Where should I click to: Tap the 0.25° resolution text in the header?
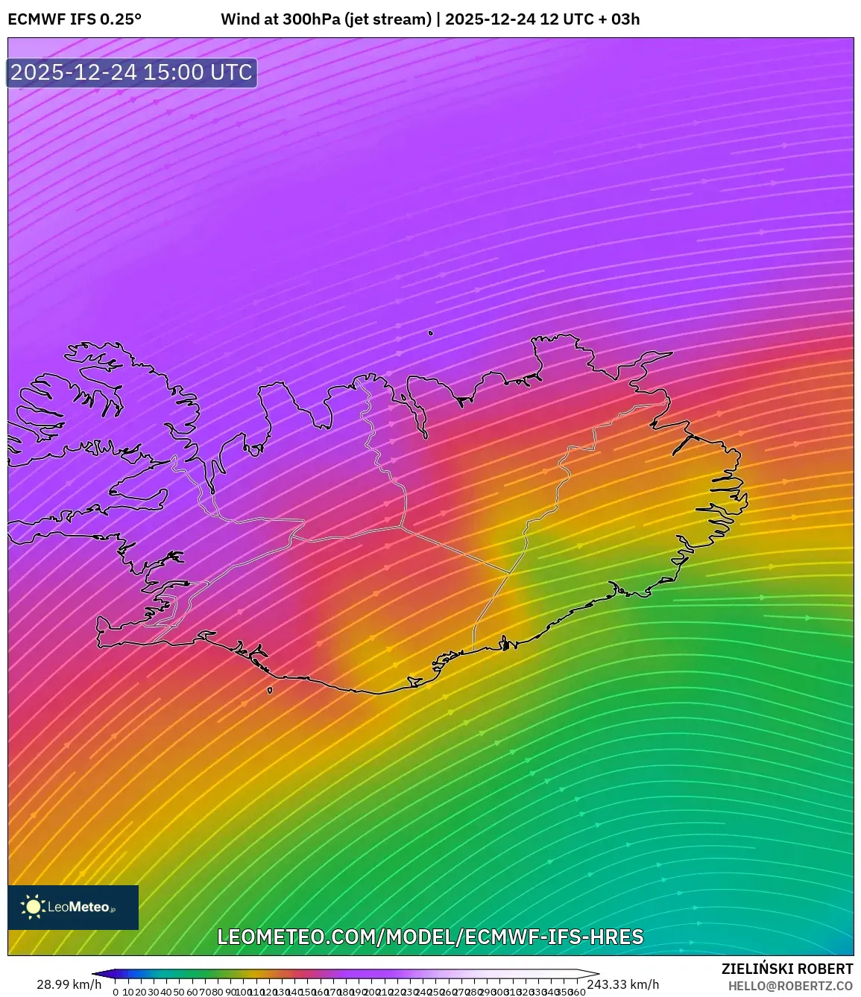point(121,19)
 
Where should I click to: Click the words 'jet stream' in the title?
point(388,19)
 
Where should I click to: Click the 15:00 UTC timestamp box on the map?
point(132,72)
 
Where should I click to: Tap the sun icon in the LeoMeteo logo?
point(33,907)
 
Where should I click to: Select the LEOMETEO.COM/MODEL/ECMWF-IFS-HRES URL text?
point(430,937)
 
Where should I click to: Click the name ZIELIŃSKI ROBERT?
point(786,969)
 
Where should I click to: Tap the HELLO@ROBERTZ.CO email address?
point(791,986)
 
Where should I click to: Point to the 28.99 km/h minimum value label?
point(69,984)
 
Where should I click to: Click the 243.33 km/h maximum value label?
point(623,984)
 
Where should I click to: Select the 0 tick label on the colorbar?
point(116,992)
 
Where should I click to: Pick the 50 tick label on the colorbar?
point(179,992)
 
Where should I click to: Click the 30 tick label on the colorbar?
point(154,992)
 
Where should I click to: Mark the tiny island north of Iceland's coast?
point(431,333)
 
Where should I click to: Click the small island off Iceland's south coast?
point(270,690)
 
